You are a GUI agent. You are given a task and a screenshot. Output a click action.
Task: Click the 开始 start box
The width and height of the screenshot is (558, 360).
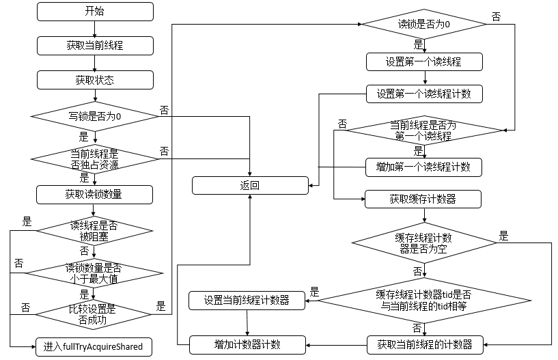click(x=95, y=12)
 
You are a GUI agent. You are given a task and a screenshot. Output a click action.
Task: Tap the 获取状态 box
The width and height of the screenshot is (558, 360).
click(x=95, y=80)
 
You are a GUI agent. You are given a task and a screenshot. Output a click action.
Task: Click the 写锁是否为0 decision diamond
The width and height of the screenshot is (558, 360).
click(x=95, y=117)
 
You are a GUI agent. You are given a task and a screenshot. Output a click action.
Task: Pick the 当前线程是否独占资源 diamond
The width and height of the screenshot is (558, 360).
click(x=95, y=158)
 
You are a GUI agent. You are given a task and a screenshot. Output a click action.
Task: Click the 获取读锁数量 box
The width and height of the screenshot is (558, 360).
click(x=95, y=194)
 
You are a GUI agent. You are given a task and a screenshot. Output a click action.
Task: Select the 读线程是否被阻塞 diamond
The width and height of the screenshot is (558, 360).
click(x=95, y=232)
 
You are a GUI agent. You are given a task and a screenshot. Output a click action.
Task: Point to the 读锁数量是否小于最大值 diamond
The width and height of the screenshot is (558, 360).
click(x=95, y=273)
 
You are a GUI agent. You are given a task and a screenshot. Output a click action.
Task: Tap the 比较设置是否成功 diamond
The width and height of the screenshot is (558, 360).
click(x=95, y=312)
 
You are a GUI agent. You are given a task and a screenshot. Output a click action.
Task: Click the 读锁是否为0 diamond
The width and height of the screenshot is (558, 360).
click(x=423, y=24)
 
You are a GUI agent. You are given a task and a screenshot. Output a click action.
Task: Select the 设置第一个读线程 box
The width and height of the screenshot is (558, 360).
click(x=424, y=62)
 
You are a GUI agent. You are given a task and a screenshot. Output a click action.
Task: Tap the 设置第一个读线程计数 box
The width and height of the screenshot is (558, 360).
click(x=424, y=94)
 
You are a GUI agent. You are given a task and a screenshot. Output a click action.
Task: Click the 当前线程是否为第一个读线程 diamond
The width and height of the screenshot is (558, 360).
click(x=423, y=130)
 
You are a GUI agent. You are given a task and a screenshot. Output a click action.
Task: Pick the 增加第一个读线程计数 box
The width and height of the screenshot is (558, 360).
click(x=424, y=167)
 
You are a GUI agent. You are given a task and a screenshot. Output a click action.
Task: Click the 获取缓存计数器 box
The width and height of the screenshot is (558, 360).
click(x=423, y=199)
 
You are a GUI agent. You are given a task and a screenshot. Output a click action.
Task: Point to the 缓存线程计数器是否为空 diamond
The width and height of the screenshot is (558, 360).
click(x=425, y=243)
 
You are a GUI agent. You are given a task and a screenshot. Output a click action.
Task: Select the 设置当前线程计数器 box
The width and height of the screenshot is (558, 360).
click(x=247, y=300)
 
